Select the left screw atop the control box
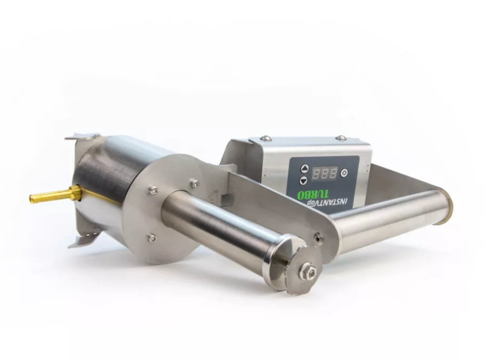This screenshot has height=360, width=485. click(x=266, y=138)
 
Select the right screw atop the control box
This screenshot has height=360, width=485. click(x=341, y=138)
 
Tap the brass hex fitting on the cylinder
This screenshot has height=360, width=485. click(x=75, y=192)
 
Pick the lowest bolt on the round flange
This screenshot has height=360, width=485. click(x=152, y=237)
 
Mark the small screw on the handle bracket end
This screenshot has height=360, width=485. click(x=317, y=237)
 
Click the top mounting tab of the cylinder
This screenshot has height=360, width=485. click(x=82, y=136)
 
